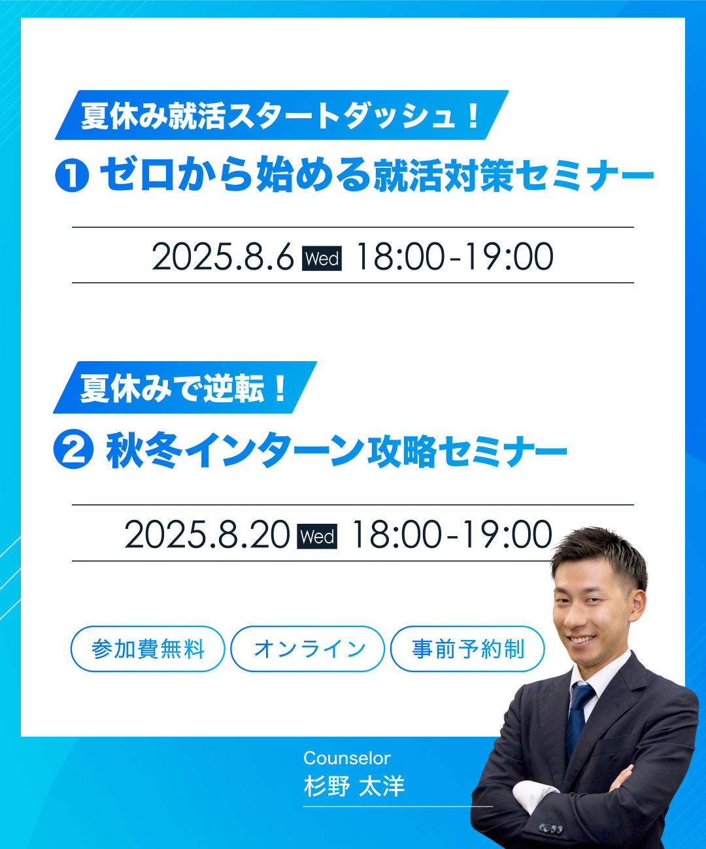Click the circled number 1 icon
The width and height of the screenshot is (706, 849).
point(72,175)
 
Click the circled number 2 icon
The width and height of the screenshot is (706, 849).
point(73,449)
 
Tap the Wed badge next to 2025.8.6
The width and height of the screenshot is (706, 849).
point(322,258)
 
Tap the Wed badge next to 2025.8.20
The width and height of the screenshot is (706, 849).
point(317,536)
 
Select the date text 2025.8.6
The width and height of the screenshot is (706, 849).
point(222,257)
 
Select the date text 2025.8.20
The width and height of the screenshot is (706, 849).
point(207,535)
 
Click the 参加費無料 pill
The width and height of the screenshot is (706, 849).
point(148,649)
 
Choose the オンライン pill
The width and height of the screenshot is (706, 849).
point(308,649)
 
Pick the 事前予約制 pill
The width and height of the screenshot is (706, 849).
point(467,649)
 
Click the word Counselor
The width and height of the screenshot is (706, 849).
point(346,758)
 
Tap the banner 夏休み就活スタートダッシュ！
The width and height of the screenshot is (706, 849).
point(282,115)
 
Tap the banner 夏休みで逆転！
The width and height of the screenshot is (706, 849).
point(185,387)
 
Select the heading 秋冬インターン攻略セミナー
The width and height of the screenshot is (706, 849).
point(336,451)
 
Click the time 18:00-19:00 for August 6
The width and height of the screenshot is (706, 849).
point(454,257)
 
